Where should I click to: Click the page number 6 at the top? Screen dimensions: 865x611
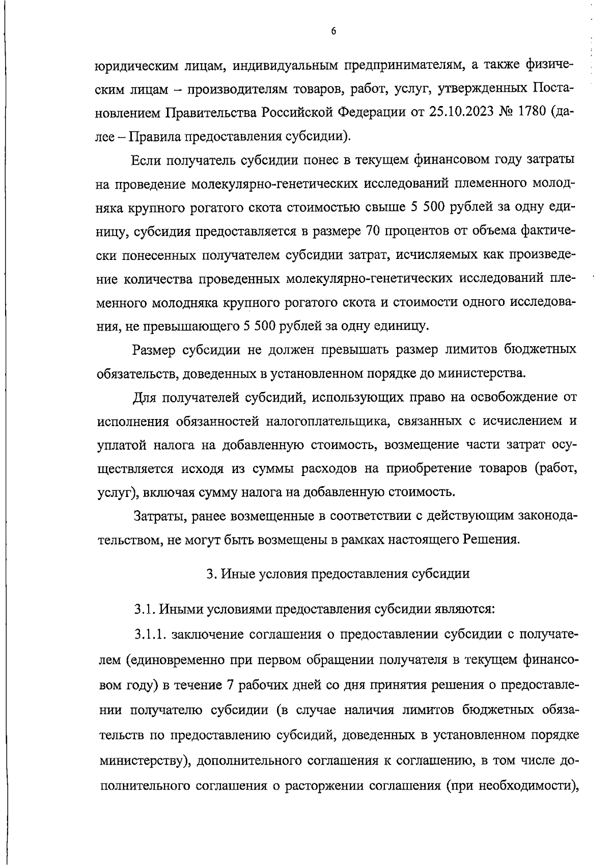coord(334,31)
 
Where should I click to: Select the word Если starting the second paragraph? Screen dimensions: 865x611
coord(147,160)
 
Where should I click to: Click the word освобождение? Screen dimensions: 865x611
coord(510,397)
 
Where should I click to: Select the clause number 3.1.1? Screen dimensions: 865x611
coord(151,635)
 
